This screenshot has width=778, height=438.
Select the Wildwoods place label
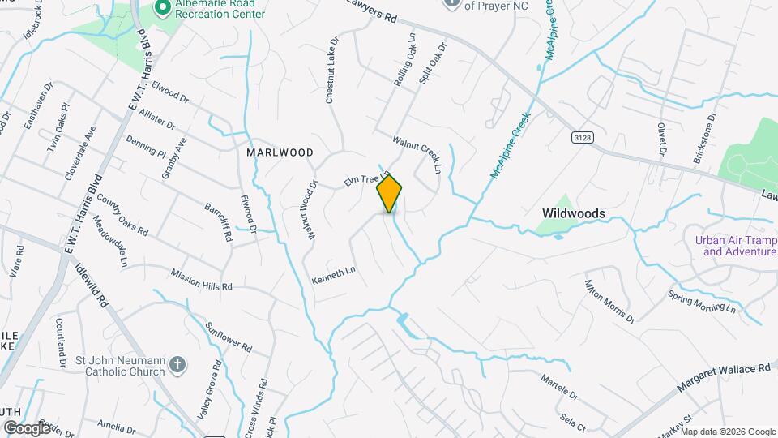573,213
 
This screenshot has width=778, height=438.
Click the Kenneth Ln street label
334,275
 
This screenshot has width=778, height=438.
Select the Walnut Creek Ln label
417,154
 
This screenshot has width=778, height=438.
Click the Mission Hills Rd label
201,280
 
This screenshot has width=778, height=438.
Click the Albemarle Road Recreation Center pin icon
162,7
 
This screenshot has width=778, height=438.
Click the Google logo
27,427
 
